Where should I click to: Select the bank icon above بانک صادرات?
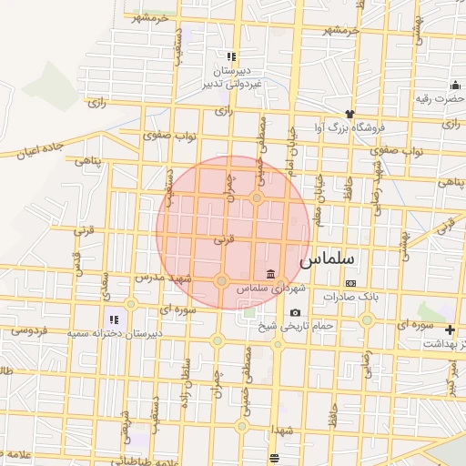pyautogui.click(x=350, y=284)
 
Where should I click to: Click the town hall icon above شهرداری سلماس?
pyautogui.click(x=270, y=275)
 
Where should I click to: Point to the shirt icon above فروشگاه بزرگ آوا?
pyautogui.click(x=349, y=116)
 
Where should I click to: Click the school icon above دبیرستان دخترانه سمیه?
pyautogui.click(x=114, y=319)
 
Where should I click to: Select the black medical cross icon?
pyautogui.click(x=450, y=329)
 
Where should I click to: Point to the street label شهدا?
pyautogui.click(x=273, y=428)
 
